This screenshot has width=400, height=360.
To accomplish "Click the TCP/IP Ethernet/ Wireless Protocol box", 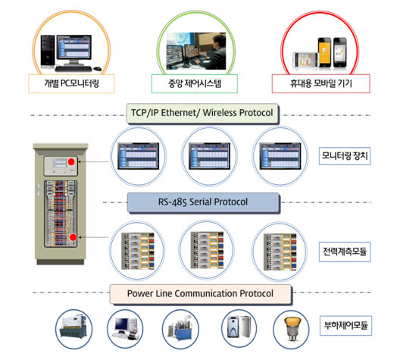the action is [x=202, y=113].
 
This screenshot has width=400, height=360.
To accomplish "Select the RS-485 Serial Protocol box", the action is [x=203, y=202].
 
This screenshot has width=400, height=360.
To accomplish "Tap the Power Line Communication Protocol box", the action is [x=201, y=294].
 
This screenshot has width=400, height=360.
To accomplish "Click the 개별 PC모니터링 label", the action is [x=71, y=83].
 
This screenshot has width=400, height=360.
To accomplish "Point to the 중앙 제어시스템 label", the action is [x=195, y=83].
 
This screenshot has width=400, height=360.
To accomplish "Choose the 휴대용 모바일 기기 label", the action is [x=321, y=83].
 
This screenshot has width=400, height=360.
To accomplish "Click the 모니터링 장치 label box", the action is [x=345, y=155].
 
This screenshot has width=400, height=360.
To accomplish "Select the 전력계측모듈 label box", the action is [x=345, y=252].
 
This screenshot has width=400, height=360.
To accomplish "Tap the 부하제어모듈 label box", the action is [x=345, y=326].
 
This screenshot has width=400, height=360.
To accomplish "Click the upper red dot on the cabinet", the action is [x=71, y=161].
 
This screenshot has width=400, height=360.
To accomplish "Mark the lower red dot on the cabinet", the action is [x=73, y=237].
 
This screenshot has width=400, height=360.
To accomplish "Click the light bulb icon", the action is [x=292, y=329].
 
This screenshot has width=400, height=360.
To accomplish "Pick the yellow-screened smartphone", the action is [x=324, y=52].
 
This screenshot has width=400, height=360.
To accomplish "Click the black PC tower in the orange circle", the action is [x=48, y=52].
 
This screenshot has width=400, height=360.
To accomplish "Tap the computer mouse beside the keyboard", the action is [x=97, y=69].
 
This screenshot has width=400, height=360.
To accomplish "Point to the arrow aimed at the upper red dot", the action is [x=93, y=161].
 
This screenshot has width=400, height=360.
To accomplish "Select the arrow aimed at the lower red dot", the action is [x=93, y=237].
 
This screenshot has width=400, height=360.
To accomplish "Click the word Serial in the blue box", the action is [x=201, y=202].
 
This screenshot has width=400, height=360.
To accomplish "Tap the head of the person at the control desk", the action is [x=220, y=41].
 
